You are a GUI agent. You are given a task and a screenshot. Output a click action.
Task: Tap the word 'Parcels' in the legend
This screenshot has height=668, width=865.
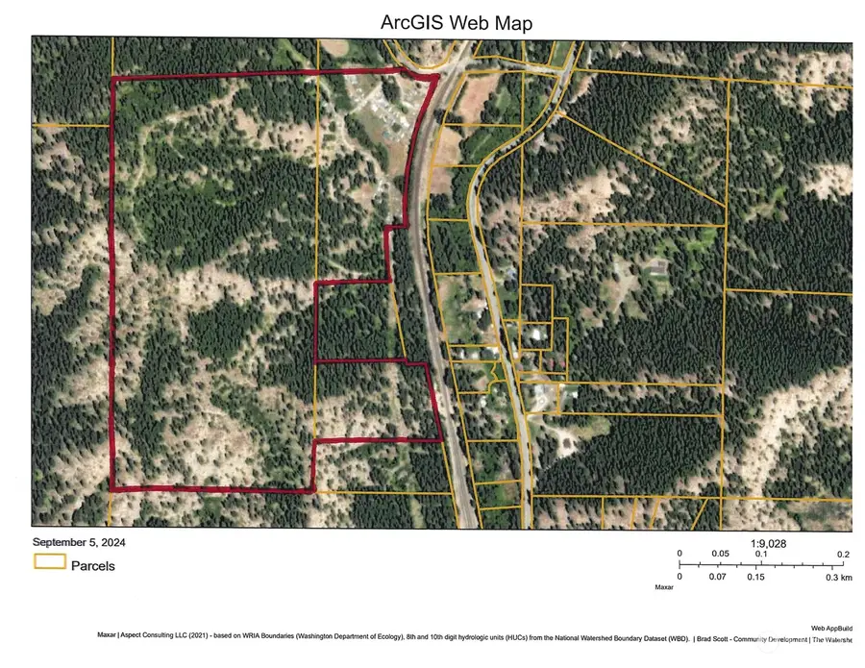pyautogui.click(x=93, y=566)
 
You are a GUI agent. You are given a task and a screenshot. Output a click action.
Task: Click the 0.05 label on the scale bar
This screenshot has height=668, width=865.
pyautogui.click(x=720, y=555)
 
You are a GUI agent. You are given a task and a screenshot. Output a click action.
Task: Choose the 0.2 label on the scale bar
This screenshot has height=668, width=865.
pyautogui.click(x=844, y=555)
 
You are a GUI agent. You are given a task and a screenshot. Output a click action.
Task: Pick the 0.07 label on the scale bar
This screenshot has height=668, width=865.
pyautogui.click(x=717, y=577)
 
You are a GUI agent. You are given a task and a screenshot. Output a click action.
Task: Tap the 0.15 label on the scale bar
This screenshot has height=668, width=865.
pyautogui.click(x=755, y=577)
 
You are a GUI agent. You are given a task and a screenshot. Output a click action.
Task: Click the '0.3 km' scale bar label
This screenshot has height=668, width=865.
pyautogui.click(x=839, y=577)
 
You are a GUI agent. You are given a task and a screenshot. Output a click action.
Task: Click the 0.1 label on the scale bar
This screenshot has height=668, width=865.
pyautogui.click(x=760, y=555)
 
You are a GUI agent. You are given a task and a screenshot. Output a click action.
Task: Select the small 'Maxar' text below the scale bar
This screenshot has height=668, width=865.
pyautogui.click(x=664, y=586)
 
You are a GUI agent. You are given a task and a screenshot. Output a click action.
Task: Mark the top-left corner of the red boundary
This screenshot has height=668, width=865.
pyautogui.click(x=113, y=79)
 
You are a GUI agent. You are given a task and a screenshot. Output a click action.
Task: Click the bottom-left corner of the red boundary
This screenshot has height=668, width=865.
pyautogui.click(x=111, y=489)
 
